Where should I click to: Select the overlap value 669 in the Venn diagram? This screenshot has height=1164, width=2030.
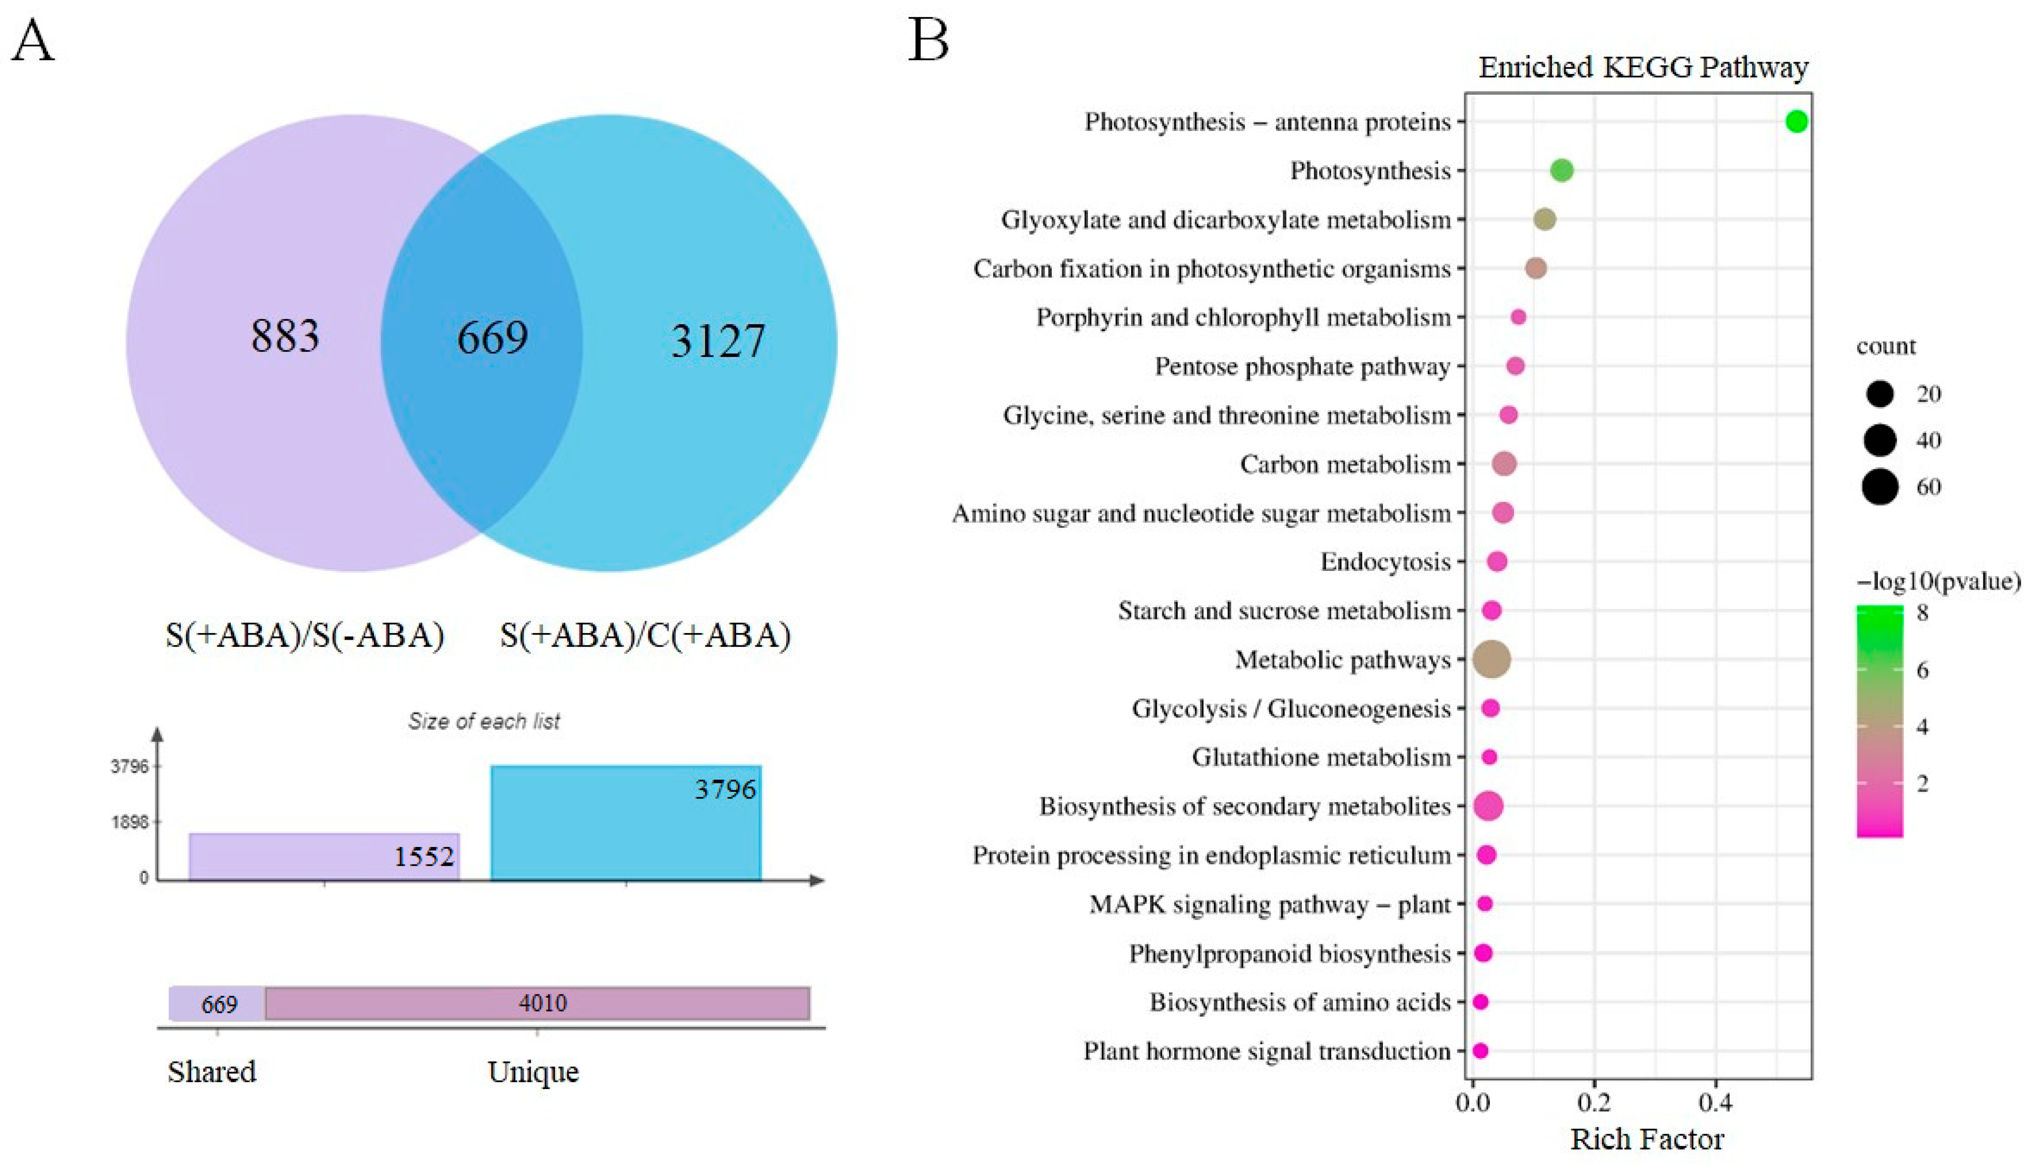(x=492, y=337)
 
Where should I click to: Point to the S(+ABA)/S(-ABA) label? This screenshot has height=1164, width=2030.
(x=304, y=635)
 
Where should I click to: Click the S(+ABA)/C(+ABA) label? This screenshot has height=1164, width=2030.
(x=645, y=635)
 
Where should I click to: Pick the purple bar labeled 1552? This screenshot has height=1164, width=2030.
(x=324, y=857)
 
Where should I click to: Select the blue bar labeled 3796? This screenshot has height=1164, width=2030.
(x=626, y=823)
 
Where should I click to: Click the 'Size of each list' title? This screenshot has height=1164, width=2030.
(x=484, y=721)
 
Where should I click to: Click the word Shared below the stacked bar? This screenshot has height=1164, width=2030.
(x=212, y=1071)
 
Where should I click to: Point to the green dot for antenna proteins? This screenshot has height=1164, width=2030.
(x=1797, y=122)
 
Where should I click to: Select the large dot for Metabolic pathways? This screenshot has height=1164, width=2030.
(x=1491, y=659)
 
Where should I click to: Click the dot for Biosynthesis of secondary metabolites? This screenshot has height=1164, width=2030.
(x=1488, y=806)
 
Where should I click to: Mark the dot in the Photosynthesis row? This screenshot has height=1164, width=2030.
(x=1562, y=170)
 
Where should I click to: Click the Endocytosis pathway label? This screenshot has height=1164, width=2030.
(x=1385, y=562)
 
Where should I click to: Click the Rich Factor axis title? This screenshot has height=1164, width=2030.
(x=1647, y=1139)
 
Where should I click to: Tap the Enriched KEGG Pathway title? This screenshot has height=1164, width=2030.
(x=1643, y=67)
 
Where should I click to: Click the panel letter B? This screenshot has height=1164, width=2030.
(x=929, y=40)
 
